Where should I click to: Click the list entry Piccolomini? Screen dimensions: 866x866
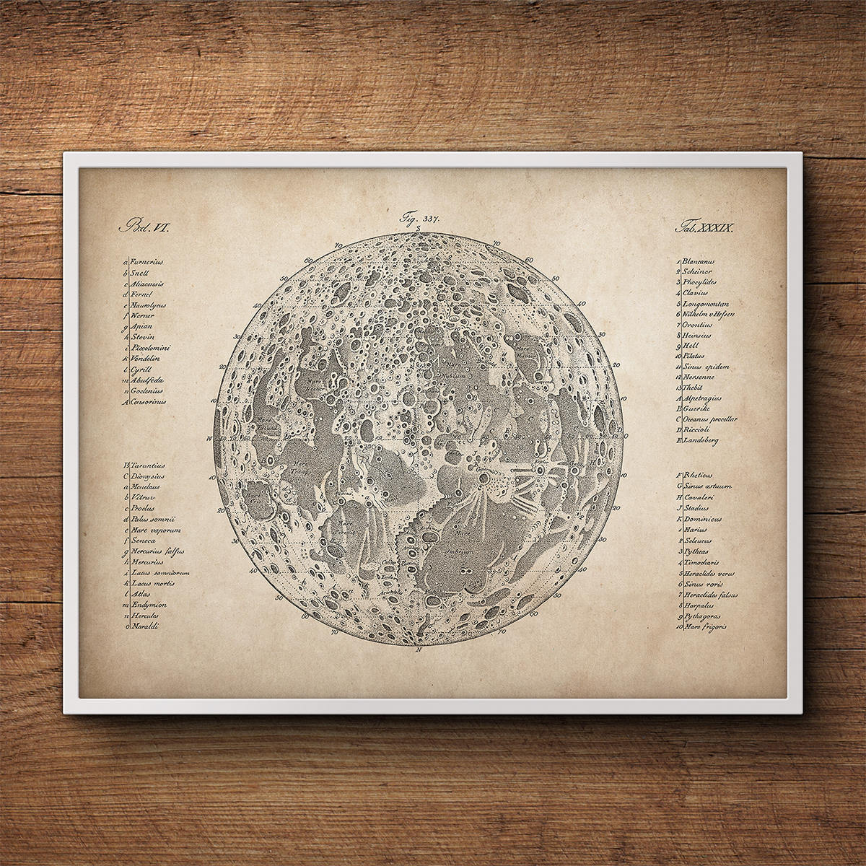pyautogui.click(x=150, y=349)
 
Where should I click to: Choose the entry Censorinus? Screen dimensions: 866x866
pyautogui.click(x=149, y=401)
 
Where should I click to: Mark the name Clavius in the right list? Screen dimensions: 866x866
pyautogui.click(x=694, y=293)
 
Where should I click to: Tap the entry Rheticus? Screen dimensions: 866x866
pyautogui.click(x=696, y=475)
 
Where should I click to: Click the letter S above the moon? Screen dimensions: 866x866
pyautogui.click(x=419, y=229)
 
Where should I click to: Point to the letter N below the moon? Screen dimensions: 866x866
pyautogui.click(x=418, y=649)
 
